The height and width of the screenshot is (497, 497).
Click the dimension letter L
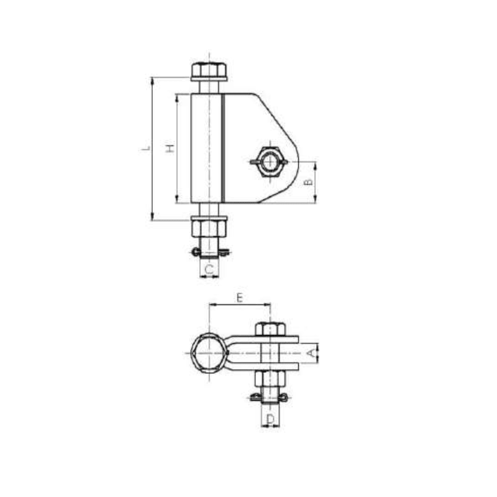tap(146, 148)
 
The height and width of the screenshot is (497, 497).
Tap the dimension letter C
tap(209, 269)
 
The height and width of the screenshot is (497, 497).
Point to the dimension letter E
tap(240, 298)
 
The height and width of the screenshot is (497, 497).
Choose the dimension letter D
tap(270, 421)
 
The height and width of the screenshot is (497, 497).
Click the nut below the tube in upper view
tap(209, 227)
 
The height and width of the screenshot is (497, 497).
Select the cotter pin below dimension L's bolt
tap(209, 252)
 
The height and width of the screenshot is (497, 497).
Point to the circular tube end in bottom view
tap(209, 352)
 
